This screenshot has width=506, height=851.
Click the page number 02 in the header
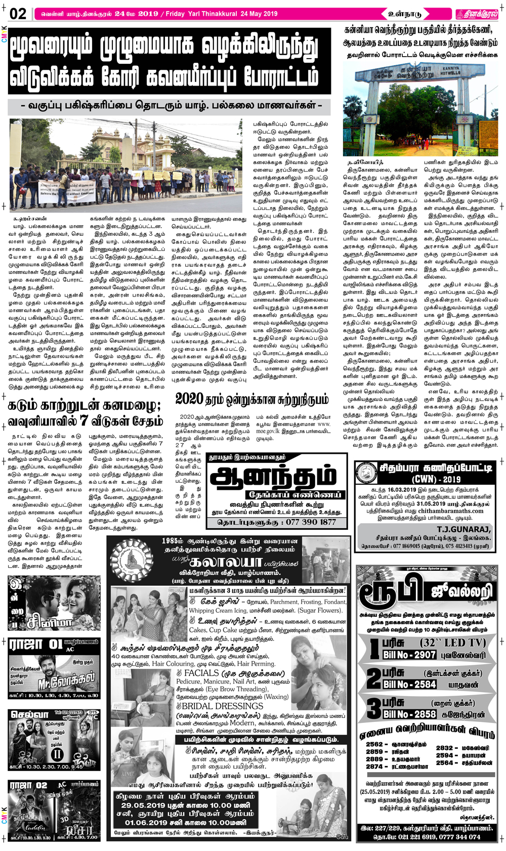[x=18, y=14]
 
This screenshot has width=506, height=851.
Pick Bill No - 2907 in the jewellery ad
[x=409, y=655]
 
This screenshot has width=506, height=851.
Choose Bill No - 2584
[x=409, y=685]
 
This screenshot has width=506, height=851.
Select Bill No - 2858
[x=409, y=714]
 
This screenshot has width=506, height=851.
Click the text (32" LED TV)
[x=453, y=643]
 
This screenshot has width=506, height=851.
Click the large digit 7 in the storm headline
[x=83, y=420]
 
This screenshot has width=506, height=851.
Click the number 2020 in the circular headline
[x=189, y=399]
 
